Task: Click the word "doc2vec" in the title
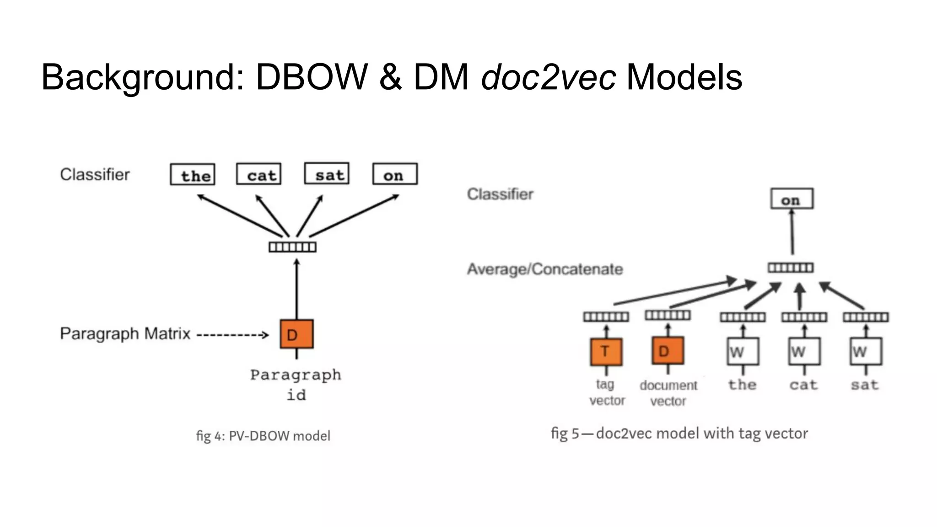pos(548,77)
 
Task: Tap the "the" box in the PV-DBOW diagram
pos(193,175)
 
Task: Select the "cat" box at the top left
pos(258,174)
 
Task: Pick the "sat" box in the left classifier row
pos(327,174)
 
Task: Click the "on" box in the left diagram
pos(395,174)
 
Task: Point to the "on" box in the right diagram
pos(792,199)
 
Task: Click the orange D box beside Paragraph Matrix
pos(296,334)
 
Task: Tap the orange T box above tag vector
pos(606,352)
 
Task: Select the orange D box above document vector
pos(668,351)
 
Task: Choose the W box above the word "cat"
pos(804,351)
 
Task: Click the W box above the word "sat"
pos(866,351)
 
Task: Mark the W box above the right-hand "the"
pos(743,351)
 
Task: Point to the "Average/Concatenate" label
pos(544,269)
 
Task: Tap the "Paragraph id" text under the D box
pos(296,384)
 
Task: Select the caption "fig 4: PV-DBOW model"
pos(263,436)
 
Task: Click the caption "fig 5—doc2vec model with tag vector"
pos(679,433)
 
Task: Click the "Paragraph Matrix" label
pos(125,333)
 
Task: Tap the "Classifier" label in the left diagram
pos(95,174)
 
